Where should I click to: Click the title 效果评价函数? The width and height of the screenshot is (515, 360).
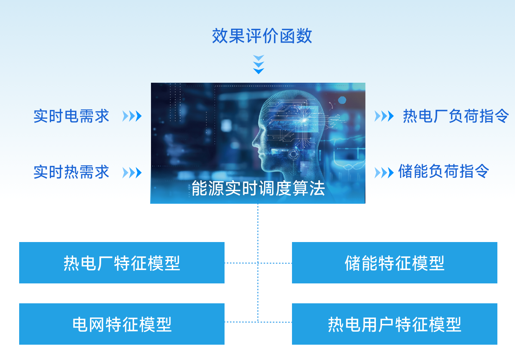tap(262, 36)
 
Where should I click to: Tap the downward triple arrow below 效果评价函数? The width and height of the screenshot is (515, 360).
tap(259, 64)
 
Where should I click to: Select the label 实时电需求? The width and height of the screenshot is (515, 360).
tap(71, 116)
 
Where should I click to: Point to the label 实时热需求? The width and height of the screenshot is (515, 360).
tap(71, 172)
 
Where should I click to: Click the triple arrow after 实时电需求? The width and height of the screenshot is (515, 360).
tap(132, 116)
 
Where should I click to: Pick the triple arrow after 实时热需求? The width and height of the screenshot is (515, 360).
tap(132, 173)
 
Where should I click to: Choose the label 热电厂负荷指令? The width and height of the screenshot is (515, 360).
tap(456, 116)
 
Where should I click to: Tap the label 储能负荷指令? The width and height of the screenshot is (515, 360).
tap(444, 171)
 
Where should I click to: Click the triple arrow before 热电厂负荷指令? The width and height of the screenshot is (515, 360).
tap(384, 116)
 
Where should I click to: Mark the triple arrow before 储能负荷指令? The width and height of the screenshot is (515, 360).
tap(384, 173)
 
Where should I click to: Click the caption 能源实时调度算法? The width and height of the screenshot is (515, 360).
tap(258, 188)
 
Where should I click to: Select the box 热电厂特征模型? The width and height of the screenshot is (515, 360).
tap(122, 263)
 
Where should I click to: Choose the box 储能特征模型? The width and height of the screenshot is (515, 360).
tap(395, 263)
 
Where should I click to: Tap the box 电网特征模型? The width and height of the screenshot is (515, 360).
tap(122, 324)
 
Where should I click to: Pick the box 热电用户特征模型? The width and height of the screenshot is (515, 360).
tap(395, 324)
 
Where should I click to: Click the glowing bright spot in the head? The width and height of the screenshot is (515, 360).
tap(304, 120)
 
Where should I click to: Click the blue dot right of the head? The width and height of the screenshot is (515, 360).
tap(342, 100)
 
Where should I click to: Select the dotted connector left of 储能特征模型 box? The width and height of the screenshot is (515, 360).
tap(275, 263)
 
